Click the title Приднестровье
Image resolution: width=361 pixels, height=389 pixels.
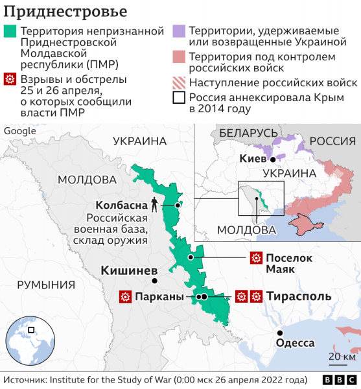point(64,12)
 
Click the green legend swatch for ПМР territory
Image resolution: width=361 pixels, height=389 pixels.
point(10,31)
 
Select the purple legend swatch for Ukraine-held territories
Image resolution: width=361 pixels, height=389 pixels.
point(178,31)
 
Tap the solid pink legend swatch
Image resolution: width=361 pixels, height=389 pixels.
point(178,58)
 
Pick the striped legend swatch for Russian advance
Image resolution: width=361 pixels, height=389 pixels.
point(178,83)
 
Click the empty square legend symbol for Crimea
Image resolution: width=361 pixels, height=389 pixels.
point(178,99)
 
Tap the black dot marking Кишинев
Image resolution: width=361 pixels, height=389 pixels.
point(154,281)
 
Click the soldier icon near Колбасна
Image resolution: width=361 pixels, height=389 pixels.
point(154,204)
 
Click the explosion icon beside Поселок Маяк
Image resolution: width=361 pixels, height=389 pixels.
point(255,257)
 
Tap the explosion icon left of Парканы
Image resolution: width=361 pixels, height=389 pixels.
point(124,297)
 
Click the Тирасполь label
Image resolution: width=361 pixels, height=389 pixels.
point(298,296)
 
